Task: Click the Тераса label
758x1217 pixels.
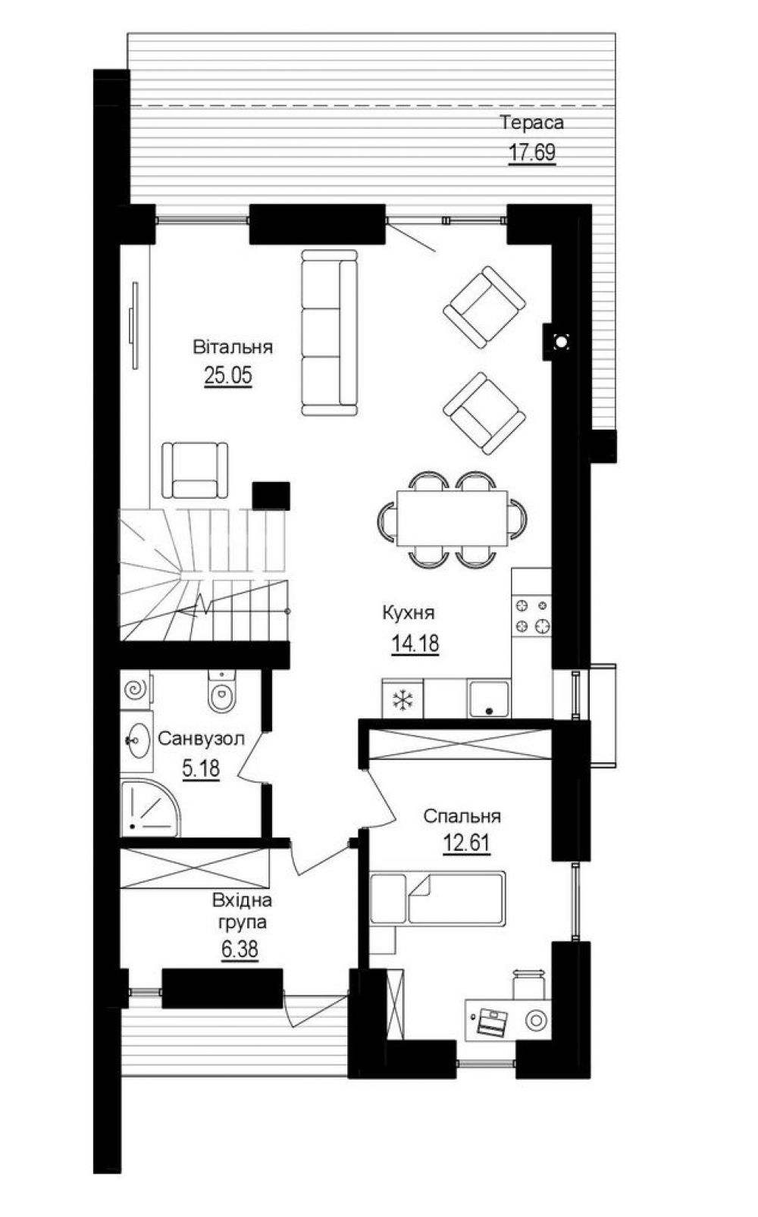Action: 531,122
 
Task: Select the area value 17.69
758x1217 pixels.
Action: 532,152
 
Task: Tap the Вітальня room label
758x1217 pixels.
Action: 233,346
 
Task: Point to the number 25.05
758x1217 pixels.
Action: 228,375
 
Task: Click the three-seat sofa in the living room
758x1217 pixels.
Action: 329,333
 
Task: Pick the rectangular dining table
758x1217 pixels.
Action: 452,518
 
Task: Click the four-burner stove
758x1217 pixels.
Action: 531,616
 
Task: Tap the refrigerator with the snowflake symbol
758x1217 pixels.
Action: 402,699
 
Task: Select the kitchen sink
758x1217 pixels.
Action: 489,699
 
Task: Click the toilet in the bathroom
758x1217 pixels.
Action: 221,690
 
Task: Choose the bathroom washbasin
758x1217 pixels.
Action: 137,740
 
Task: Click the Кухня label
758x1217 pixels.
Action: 409,613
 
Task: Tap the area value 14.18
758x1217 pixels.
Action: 415,644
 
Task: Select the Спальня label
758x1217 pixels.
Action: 462,816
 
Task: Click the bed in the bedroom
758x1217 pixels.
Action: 437,898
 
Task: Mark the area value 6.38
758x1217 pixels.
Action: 240,950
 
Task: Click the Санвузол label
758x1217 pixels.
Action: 202,738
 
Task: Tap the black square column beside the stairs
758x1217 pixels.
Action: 271,496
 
